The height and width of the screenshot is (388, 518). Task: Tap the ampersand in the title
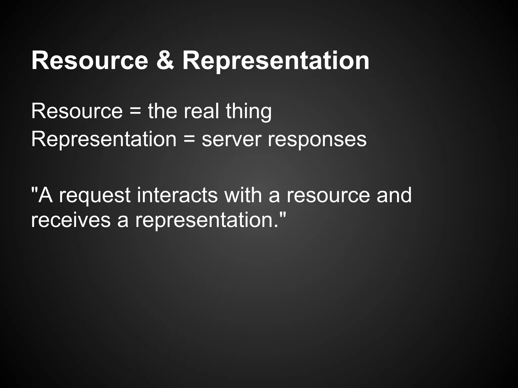click(165, 61)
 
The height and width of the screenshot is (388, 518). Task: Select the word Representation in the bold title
click(276, 61)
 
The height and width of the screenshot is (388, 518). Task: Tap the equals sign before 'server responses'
click(189, 139)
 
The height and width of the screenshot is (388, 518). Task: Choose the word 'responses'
click(317, 139)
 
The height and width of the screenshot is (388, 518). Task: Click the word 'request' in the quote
click(95, 195)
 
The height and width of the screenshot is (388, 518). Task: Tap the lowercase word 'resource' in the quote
click(328, 195)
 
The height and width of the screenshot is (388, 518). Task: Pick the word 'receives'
click(71, 220)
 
